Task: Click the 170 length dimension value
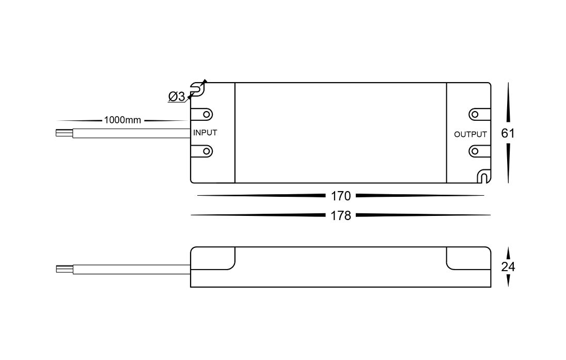[341, 196]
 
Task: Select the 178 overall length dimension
[341, 215]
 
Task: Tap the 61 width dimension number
[508, 133]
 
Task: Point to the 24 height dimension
[508, 267]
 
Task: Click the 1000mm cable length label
[122, 120]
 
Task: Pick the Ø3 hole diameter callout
[177, 97]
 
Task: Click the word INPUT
[205, 133]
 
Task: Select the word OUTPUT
[470, 134]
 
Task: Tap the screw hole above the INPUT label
[207, 115]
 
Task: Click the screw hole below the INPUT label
[207, 151]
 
